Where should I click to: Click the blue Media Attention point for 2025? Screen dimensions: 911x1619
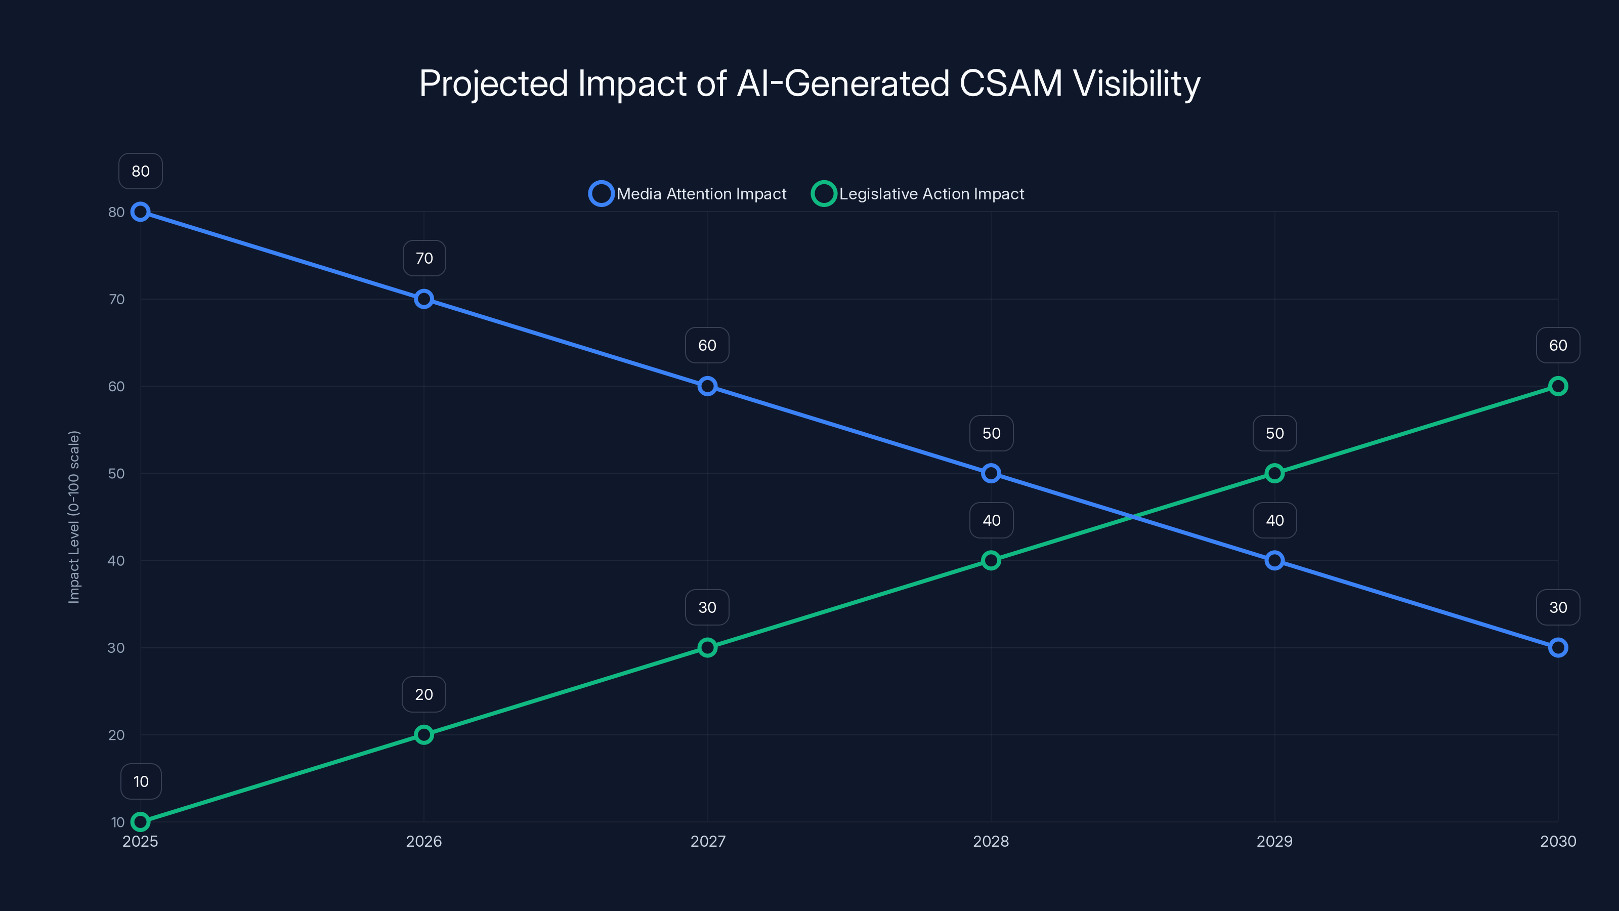coord(140,212)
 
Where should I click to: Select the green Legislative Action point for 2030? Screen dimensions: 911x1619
coord(1557,386)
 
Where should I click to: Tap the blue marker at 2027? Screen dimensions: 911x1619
coord(707,386)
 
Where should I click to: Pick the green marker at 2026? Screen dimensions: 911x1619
coord(423,734)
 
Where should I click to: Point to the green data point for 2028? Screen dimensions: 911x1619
coord(991,560)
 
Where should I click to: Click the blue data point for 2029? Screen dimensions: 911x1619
coord(1274,560)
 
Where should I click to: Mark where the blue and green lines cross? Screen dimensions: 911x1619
coord(1133,517)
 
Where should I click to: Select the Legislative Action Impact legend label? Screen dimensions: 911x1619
coord(931,194)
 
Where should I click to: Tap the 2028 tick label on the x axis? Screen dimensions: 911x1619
coord(991,841)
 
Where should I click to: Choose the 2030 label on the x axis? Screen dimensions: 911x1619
coord(1557,841)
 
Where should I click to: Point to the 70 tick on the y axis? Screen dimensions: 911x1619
coord(116,299)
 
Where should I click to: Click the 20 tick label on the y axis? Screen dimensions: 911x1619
coord(116,735)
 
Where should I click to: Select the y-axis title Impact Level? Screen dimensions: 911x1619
coord(74,517)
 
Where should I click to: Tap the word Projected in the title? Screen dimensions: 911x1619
coord(493,84)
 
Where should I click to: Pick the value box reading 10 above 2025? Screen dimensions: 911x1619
coord(141,781)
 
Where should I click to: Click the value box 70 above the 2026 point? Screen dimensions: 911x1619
coord(424,259)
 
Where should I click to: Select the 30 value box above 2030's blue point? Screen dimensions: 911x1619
coord(1557,607)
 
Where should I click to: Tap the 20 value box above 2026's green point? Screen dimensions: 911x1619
coord(423,695)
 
